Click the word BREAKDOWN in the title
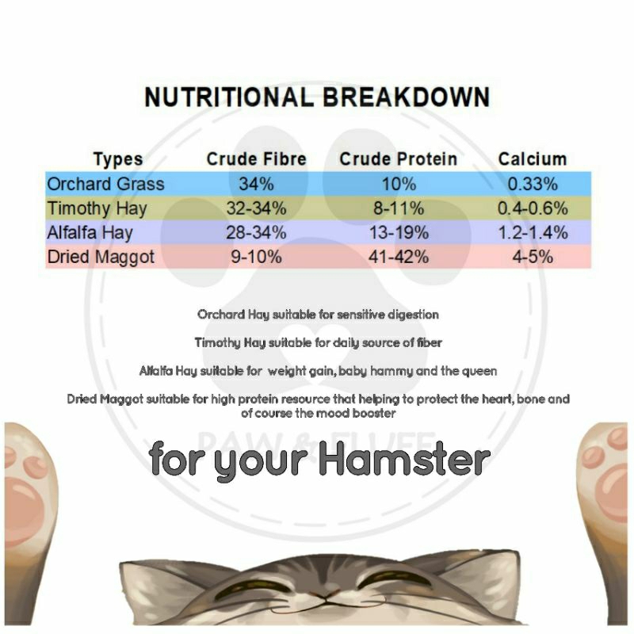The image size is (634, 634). tap(406, 97)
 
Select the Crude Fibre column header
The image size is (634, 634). tap(256, 159)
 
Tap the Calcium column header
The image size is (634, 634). tap(533, 159)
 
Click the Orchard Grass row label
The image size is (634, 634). tap(106, 184)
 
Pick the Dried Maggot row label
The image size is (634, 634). tap(101, 257)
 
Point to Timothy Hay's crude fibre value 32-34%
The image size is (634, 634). tap(256, 208)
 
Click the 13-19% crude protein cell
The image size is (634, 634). tap(399, 232)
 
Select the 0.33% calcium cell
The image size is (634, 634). tap(533, 184)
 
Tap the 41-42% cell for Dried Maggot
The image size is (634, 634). tap(399, 257)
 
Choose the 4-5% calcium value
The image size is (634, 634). tap(533, 257)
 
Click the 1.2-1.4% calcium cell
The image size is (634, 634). tap(533, 232)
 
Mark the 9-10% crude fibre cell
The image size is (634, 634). tap(256, 257)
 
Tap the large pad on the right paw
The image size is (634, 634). tap(613, 491)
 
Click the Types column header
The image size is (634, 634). tap(118, 159)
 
